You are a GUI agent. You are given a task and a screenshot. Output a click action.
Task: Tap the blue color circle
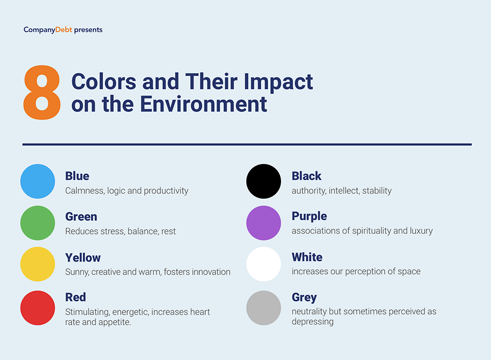pyautogui.click(x=37, y=181)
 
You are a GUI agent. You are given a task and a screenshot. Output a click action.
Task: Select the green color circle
pyautogui.click(x=37, y=223)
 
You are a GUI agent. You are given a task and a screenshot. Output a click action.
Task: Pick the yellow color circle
pyautogui.click(x=37, y=264)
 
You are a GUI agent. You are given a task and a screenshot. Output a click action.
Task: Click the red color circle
pyautogui.click(x=37, y=308)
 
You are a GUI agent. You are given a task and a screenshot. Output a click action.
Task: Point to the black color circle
pyautogui.click(x=263, y=181)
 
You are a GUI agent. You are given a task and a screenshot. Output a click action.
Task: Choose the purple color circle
pyautogui.click(x=263, y=223)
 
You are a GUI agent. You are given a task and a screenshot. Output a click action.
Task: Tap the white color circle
pyautogui.click(x=263, y=264)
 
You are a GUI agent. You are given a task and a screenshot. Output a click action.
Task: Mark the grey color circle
pyautogui.click(x=263, y=308)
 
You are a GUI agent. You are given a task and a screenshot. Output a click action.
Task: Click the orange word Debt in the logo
pyautogui.click(x=64, y=30)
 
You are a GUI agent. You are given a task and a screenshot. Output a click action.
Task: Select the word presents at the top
pyautogui.click(x=88, y=30)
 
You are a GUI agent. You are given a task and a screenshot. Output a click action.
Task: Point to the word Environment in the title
pyautogui.click(x=203, y=104)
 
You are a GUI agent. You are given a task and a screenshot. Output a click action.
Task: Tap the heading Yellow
pyautogui.click(x=83, y=257)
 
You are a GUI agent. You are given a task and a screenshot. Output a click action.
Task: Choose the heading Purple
pyautogui.click(x=309, y=216)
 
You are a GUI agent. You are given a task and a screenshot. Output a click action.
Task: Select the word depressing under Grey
pyautogui.click(x=313, y=322)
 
